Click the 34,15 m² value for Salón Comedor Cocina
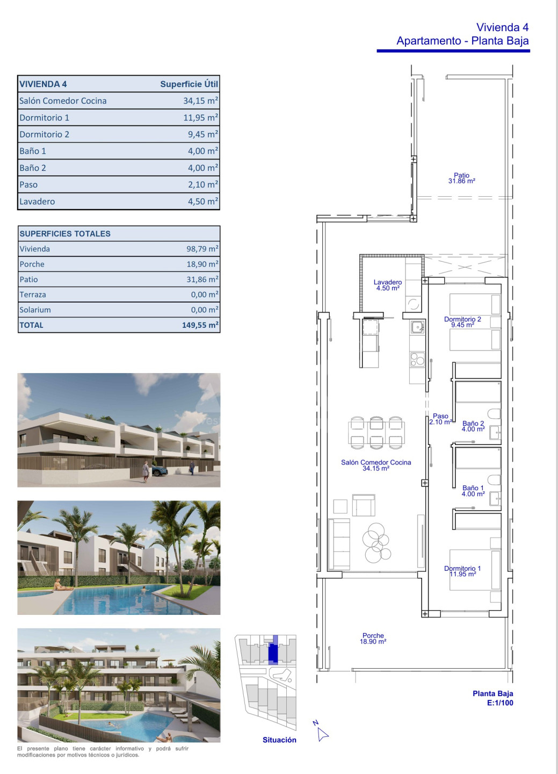201,101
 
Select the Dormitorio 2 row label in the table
44,134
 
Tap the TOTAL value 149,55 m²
200,325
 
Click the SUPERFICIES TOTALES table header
65,234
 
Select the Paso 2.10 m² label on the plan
440,419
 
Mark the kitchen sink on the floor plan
417,327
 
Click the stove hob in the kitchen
417,360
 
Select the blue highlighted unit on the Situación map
273,652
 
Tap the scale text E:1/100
500,703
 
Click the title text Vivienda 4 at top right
502,27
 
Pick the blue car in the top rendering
159,471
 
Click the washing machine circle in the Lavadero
414,304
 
